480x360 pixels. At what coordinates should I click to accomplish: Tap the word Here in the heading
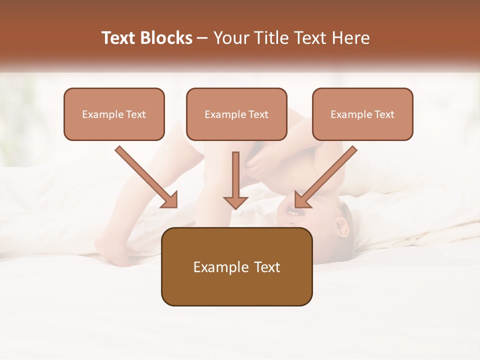(x=349, y=38)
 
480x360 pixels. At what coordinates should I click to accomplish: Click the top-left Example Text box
(x=114, y=114)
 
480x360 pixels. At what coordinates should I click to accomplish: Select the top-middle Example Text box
(x=236, y=114)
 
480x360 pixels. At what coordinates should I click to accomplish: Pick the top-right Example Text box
(x=362, y=114)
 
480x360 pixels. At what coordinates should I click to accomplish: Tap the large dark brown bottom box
(x=236, y=266)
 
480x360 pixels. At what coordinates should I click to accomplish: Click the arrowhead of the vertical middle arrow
(x=235, y=202)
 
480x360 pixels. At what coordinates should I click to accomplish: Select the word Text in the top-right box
(x=384, y=114)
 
